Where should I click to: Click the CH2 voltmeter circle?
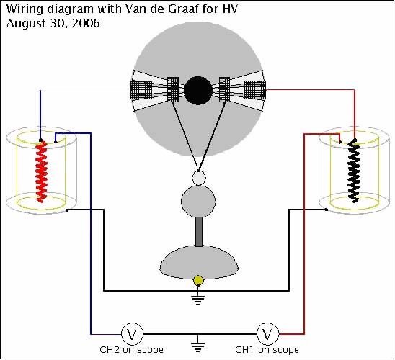click(x=132, y=334)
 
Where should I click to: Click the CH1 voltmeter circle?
click(x=268, y=334)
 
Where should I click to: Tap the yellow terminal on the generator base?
click(x=198, y=281)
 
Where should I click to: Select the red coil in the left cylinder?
click(x=41, y=172)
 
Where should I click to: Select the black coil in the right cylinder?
click(x=354, y=172)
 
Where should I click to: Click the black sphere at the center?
click(x=198, y=91)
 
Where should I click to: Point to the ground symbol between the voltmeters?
click(x=198, y=344)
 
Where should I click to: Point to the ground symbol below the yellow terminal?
click(x=198, y=298)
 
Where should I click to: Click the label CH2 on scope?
click(x=131, y=350)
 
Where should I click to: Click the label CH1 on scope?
click(x=267, y=350)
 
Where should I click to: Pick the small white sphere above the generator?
click(x=199, y=178)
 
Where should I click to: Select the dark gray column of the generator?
click(x=199, y=232)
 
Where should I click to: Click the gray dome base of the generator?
click(x=199, y=262)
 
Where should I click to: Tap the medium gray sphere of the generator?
click(x=198, y=202)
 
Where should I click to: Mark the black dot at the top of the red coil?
click(x=40, y=140)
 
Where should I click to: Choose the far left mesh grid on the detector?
click(x=141, y=90)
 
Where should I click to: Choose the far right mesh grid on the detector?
click(x=255, y=90)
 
